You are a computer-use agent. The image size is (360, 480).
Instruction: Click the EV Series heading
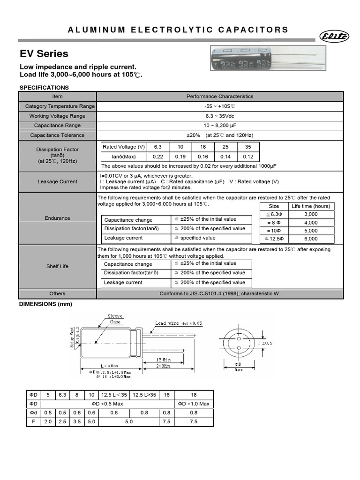[x=44, y=53]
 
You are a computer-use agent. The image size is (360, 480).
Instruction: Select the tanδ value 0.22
[x=158, y=157]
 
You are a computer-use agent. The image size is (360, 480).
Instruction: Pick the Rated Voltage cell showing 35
[x=248, y=147]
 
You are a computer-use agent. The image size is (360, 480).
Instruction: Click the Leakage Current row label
[x=57, y=182]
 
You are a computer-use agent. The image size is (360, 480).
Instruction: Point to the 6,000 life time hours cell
[x=311, y=239]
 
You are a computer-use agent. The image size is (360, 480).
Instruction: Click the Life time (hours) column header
[x=311, y=206]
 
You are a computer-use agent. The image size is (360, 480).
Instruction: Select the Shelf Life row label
[x=57, y=266]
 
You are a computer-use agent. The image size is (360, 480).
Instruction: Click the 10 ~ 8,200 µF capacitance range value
[x=220, y=126]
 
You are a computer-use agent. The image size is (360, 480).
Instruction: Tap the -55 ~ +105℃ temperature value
[x=220, y=106]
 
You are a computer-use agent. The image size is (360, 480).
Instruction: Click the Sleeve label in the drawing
[x=115, y=316]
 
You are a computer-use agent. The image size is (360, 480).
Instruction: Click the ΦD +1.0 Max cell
[x=194, y=404]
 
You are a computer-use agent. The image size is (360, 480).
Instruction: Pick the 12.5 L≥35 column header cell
[x=144, y=395]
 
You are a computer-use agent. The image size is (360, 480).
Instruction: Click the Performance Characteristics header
[x=220, y=97]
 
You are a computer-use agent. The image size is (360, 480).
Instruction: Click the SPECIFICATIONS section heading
[x=44, y=88]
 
